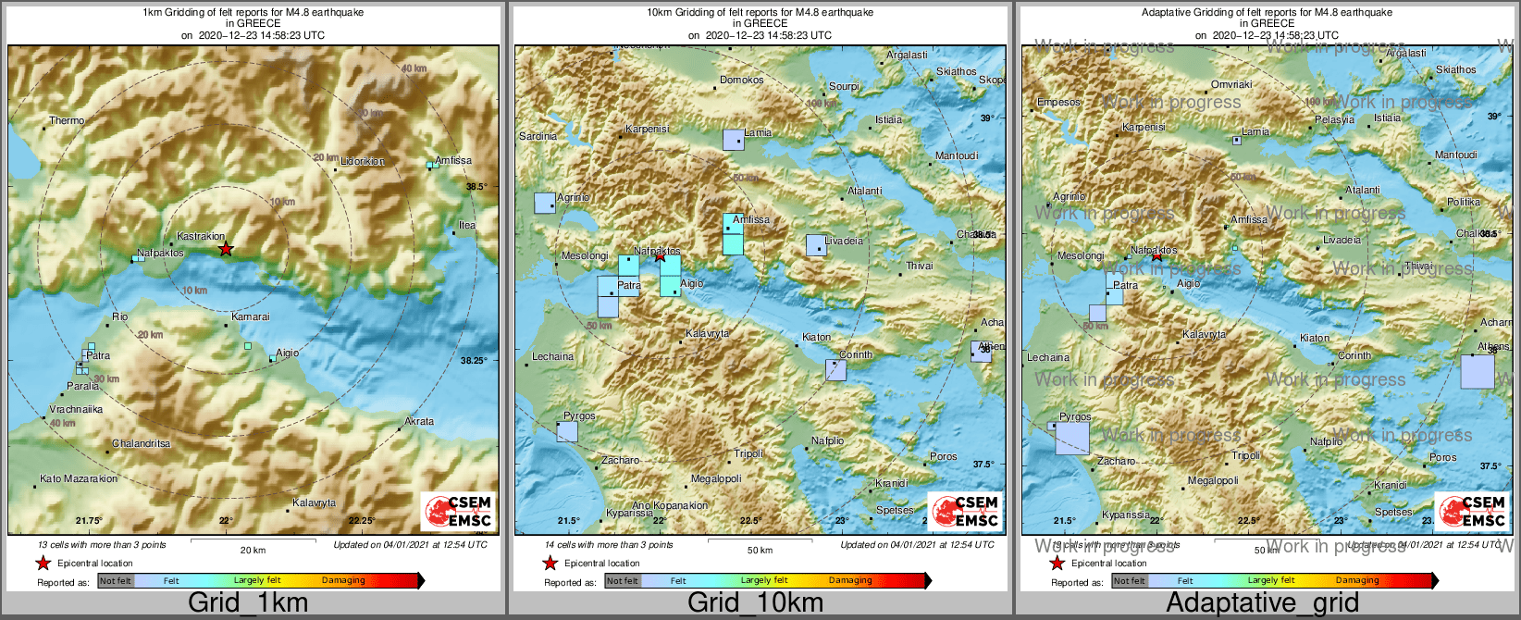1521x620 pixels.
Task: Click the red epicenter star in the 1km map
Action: point(226,249)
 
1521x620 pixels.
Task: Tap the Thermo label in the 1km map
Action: point(67,121)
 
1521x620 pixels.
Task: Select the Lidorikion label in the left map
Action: point(363,162)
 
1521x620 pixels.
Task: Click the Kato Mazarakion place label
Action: point(79,479)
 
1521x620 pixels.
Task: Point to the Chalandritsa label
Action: point(142,444)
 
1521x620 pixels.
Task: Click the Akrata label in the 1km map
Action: point(419,422)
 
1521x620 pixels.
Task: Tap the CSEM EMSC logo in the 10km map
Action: point(966,511)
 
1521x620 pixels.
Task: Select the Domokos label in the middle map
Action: point(742,81)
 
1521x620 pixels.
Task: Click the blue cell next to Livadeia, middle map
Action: point(815,245)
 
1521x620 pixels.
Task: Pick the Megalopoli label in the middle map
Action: point(717,479)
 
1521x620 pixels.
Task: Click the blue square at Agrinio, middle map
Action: point(545,203)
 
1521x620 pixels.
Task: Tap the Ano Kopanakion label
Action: point(670,506)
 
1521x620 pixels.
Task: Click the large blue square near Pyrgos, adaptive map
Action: point(1072,436)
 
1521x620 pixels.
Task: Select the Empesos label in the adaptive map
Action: point(1058,103)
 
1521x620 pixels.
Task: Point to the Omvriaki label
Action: point(1231,85)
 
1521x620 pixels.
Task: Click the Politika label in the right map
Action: point(1464,203)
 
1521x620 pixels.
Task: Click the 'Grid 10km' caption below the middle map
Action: point(755,603)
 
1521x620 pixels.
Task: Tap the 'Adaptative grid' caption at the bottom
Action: point(1262,603)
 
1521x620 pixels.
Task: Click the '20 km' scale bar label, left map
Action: point(253,551)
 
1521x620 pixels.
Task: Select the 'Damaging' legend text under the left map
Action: point(343,581)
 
